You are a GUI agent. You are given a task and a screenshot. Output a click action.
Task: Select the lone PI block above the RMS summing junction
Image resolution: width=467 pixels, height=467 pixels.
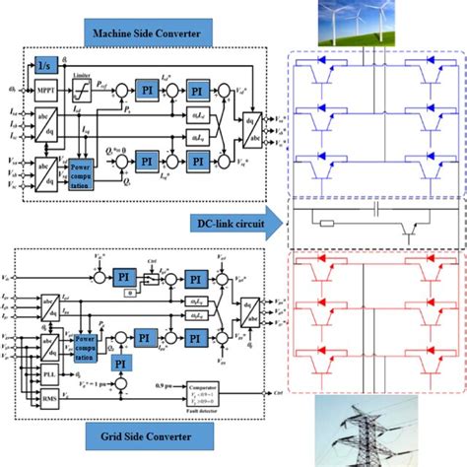(123, 364)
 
